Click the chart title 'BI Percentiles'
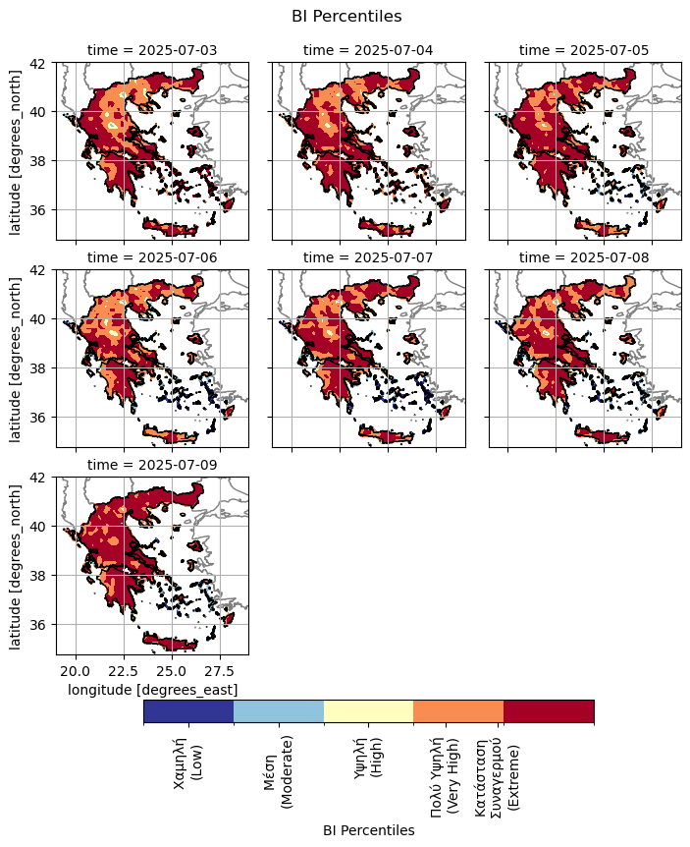tap(346, 16)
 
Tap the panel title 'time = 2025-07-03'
tap(152, 50)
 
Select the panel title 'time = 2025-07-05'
tap(584, 50)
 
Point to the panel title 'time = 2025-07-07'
tap(368, 257)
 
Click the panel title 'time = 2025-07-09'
tap(152, 465)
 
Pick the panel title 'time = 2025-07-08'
tap(584, 257)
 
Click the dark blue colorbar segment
tap(188, 711)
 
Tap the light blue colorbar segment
tap(279, 711)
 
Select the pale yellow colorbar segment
tap(368, 711)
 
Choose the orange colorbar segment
tap(458, 711)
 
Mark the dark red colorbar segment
tap(549, 711)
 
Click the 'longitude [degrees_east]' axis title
tap(152, 690)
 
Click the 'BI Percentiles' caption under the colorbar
tap(368, 830)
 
